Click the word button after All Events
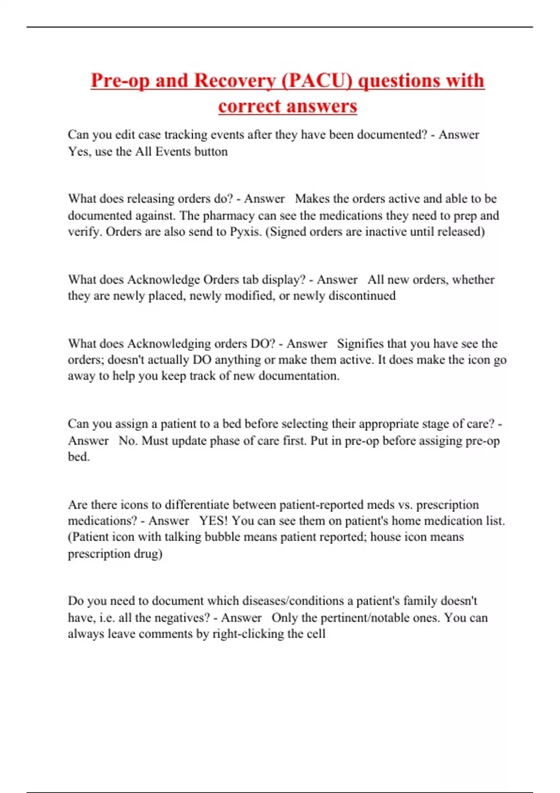tap(211, 152)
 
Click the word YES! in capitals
tap(214, 521)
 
